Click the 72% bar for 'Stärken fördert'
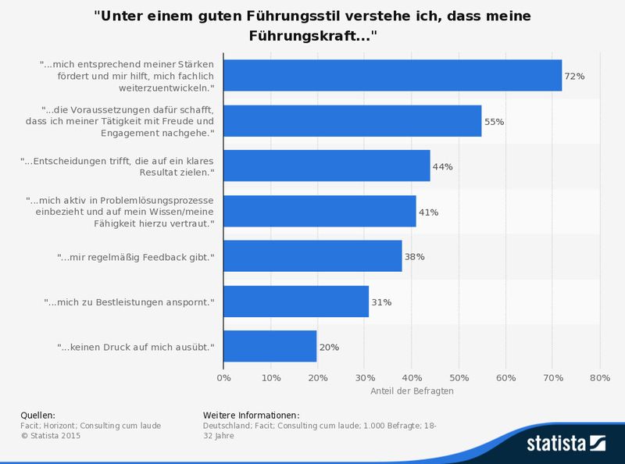(x=392, y=76)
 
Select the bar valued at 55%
(x=352, y=121)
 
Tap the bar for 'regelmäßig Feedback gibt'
(x=312, y=256)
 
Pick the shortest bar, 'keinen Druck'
(x=270, y=346)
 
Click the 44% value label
(x=442, y=167)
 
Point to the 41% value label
(x=428, y=212)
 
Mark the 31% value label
(x=381, y=302)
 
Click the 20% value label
(x=329, y=347)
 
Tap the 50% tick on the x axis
(x=459, y=378)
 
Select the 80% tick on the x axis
(x=599, y=378)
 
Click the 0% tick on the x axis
(x=223, y=378)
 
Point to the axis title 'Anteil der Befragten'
(x=412, y=391)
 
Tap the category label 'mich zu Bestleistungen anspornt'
(x=129, y=302)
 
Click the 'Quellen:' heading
(x=37, y=415)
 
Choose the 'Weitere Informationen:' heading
(x=251, y=415)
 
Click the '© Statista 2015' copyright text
(x=50, y=436)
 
